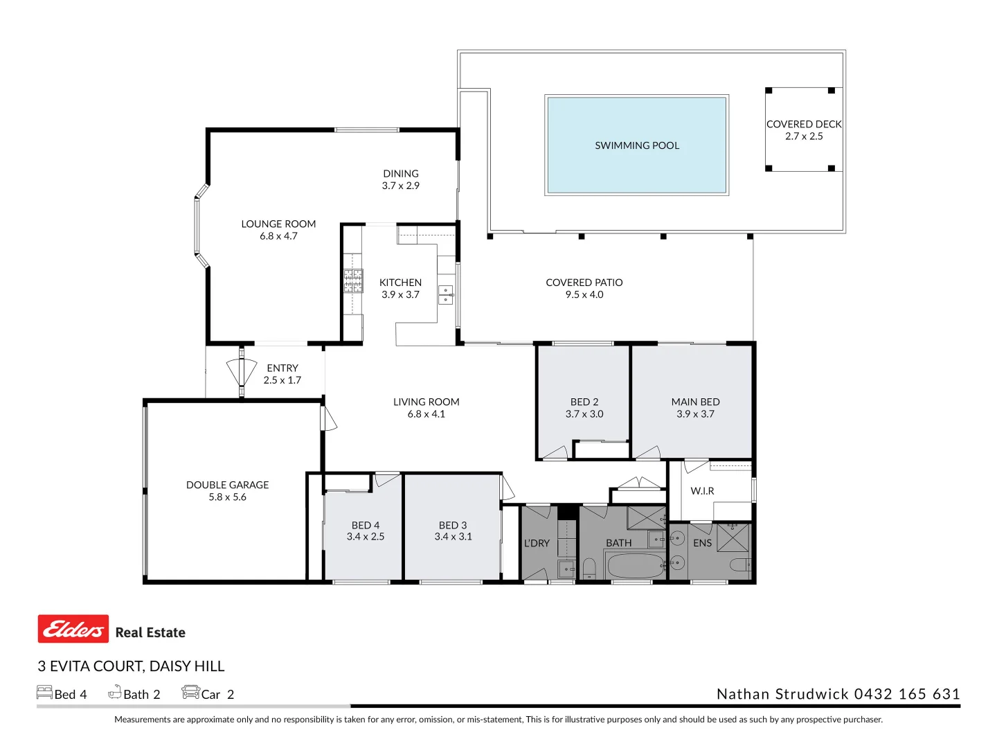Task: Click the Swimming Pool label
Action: pos(637,145)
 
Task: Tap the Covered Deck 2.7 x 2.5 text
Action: pos(804,130)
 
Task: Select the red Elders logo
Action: pos(73,629)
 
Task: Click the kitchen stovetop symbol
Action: pos(353,280)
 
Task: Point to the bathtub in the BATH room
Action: pos(635,565)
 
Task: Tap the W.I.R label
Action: pos(702,491)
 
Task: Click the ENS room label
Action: pos(702,543)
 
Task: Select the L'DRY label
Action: pos(537,543)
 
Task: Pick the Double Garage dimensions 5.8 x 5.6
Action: pos(227,497)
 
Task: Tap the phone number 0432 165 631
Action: pos(907,694)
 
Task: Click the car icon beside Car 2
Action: pos(190,692)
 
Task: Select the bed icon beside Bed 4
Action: pos(44,692)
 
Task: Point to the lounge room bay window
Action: pos(200,226)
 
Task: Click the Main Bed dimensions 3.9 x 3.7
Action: pos(695,414)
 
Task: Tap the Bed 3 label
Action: pos(453,525)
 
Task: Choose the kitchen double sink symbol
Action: pos(447,295)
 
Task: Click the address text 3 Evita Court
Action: pos(131,666)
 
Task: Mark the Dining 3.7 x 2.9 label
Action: pos(401,179)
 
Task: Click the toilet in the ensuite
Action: pos(740,565)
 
